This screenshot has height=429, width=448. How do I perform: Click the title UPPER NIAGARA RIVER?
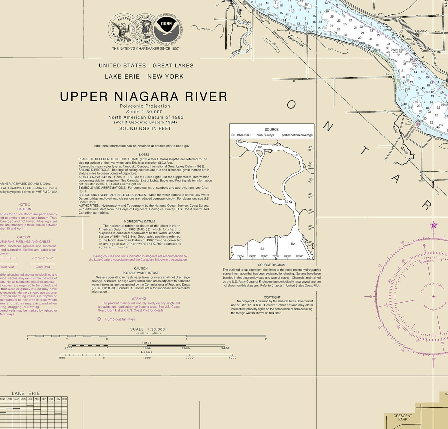coord(144,97)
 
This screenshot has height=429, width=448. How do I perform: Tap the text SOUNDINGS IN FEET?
coord(145,128)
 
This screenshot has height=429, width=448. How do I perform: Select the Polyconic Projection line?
coord(145,106)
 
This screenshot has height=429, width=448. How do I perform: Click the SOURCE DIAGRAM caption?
coord(272,265)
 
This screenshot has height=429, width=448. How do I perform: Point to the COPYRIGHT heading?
coord(272,297)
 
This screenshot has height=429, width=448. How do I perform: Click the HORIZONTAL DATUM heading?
coord(139,222)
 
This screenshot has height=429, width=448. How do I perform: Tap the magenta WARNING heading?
coord(139,299)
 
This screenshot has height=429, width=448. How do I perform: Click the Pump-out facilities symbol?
coord(99,319)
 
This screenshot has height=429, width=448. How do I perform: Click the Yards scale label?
coord(147,343)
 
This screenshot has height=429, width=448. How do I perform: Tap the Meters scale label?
coord(147,352)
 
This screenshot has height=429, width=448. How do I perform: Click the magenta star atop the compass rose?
coord(434,225)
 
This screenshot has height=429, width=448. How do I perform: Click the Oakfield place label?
coord(421,31)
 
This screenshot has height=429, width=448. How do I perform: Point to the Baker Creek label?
coord(295,41)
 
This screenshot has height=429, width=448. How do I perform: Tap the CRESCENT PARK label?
coord(403,417)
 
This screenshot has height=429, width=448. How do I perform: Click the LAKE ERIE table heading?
coord(26,393)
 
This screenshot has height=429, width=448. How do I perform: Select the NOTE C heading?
coord(24,205)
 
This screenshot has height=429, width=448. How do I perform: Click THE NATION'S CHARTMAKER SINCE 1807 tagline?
coord(145,49)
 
